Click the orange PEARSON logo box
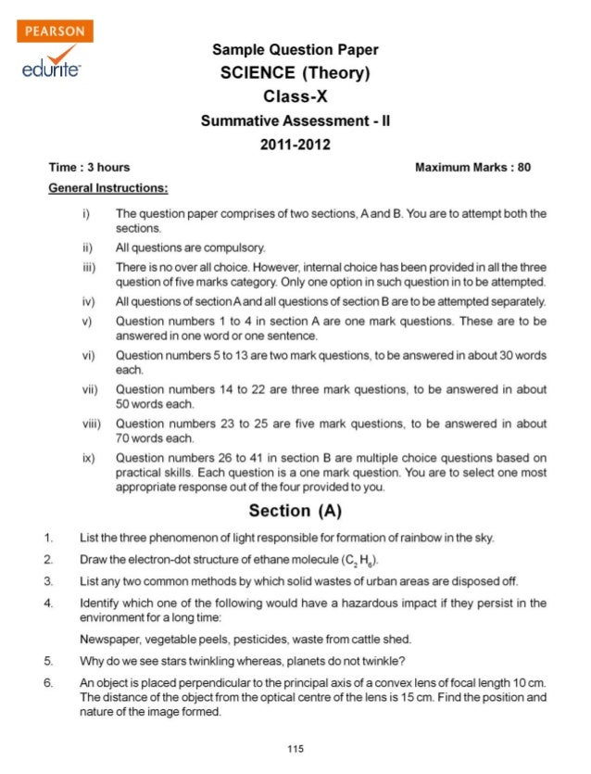55,31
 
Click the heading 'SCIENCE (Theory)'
295,73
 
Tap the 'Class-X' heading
295,96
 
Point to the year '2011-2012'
295,144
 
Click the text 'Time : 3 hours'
89,167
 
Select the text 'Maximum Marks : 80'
473,167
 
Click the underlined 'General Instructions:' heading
107,188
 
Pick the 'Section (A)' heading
295,511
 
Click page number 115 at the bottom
295,748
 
